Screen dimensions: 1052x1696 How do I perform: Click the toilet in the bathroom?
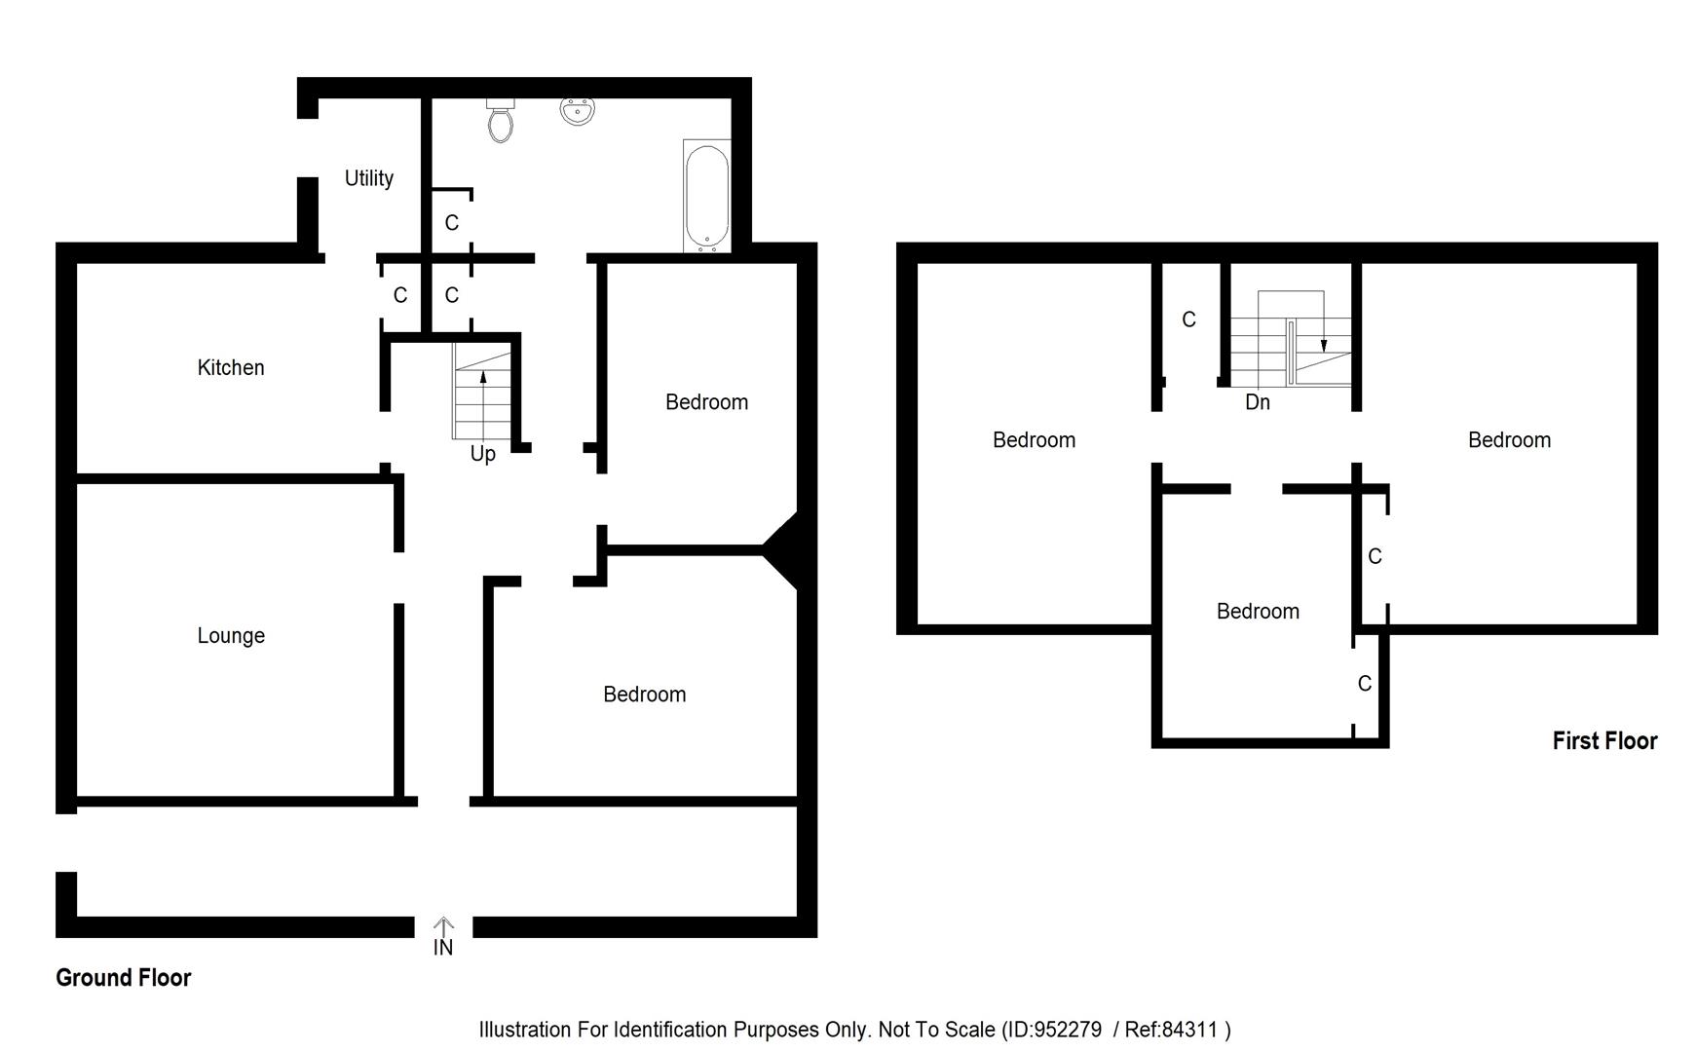(x=501, y=121)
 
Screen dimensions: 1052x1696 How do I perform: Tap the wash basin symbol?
(x=577, y=111)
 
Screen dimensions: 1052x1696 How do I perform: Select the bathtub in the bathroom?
(x=706, y=196)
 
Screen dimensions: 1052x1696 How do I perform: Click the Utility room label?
(x=368, y=178)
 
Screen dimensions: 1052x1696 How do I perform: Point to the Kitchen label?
(x=230, y=367)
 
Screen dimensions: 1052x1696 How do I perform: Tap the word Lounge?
(x=230, y=635)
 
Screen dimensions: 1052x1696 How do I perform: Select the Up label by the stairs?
(x=482, y=454)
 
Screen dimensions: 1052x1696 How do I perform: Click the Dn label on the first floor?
(x=1257, y=402)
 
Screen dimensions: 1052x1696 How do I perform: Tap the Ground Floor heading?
(x=123, y=977)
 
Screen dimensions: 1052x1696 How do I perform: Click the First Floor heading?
(x=1603, y=740)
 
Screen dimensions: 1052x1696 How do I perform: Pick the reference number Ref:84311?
(x=1170, y=1030)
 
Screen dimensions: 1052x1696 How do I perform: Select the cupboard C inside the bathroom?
(x=451, y=223)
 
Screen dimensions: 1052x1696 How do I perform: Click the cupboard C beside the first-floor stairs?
(x=1187, y=319)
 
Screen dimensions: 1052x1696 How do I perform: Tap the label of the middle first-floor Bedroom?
(x=1257, y=612)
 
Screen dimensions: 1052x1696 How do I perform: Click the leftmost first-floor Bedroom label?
(x=1033, y=440)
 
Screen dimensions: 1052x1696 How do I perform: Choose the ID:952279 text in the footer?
(x=1054, y=1030)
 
